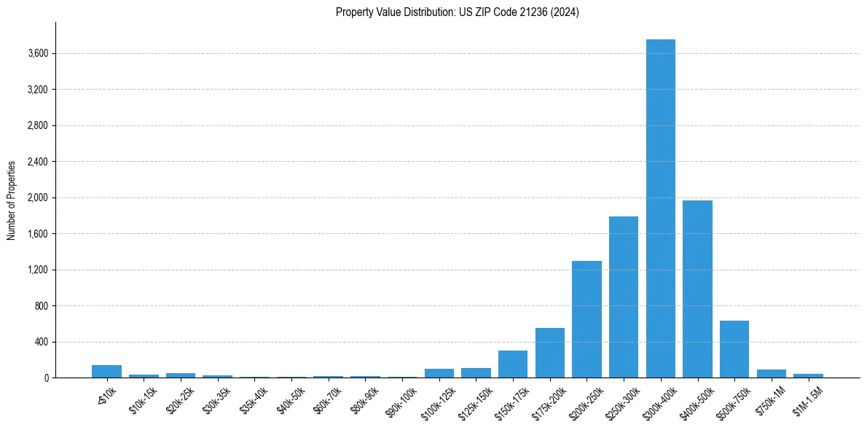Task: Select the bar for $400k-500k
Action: [x=697, y=289]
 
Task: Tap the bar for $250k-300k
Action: [x=624, y=297]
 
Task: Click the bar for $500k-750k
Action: [x=734, y=349]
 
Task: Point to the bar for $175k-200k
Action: [x=550, y=353]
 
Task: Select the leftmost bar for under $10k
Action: [x=106, y=372]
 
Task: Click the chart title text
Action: [x=458, y=12]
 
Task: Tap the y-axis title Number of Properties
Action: [x=12, y=200]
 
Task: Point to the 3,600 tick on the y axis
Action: [x=38, y=53]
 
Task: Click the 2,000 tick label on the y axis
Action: [x=38, y=198]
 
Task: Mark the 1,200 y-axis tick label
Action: [x=38, y=270]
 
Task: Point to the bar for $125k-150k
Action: [x=476, y=373]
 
